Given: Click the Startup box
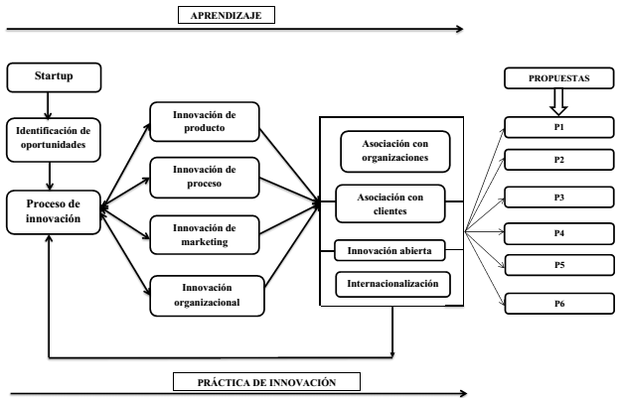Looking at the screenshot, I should point(54,76).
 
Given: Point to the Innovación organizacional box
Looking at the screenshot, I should point(207,296).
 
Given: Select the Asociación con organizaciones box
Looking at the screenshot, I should point(394,150).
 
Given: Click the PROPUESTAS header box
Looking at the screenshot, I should point(558,77).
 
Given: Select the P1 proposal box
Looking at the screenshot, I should point(558,127).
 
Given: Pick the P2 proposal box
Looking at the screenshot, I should point(558,160).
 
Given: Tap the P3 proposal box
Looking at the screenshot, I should point(558,197).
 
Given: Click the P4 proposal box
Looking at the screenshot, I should point(558,234).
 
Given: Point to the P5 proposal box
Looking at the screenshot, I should point(558,266).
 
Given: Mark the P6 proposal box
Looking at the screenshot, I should point(558,304).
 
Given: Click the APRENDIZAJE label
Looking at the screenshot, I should point(226,15).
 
